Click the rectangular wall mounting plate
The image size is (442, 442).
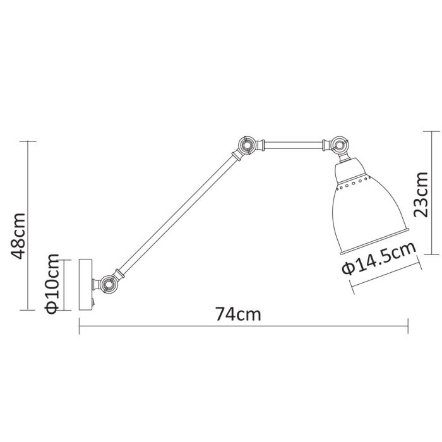pyautogui.click(x=85, y=284)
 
